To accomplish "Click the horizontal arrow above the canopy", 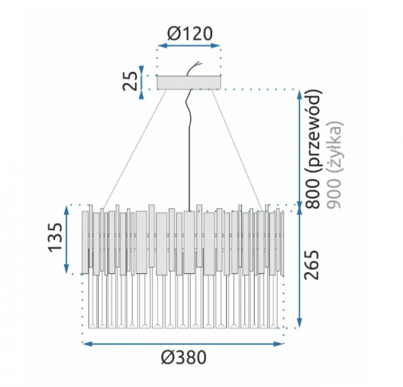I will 189,47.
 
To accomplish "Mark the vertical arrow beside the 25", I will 142,82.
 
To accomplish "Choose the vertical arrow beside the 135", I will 67,239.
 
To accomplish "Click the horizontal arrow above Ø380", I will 182,343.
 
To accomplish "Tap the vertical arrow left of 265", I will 298,268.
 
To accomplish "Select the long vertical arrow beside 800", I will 298,147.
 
